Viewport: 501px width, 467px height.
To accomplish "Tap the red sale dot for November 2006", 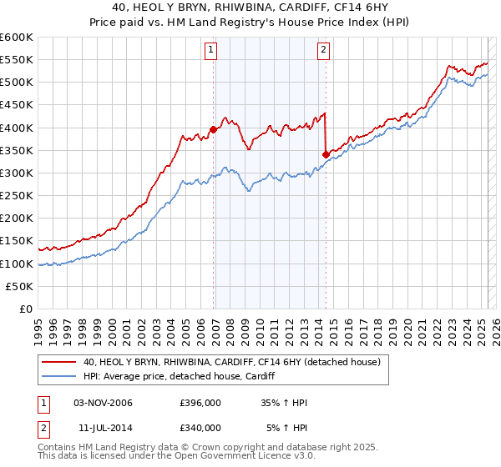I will (x=214, y=129).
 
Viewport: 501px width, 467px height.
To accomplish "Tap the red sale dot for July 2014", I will (x=326, y=154).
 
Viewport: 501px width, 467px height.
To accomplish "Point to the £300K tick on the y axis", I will (x=18, y=173).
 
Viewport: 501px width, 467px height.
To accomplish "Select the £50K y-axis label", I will (x=20, y=286).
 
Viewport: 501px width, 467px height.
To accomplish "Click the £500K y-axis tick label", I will (x=18, y=83).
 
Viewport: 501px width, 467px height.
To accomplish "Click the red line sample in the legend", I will (x=59, y=362).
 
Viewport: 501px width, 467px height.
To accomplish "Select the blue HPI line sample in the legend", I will (x=59, y=377).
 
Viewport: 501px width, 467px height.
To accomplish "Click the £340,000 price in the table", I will (x=200, y=427).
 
